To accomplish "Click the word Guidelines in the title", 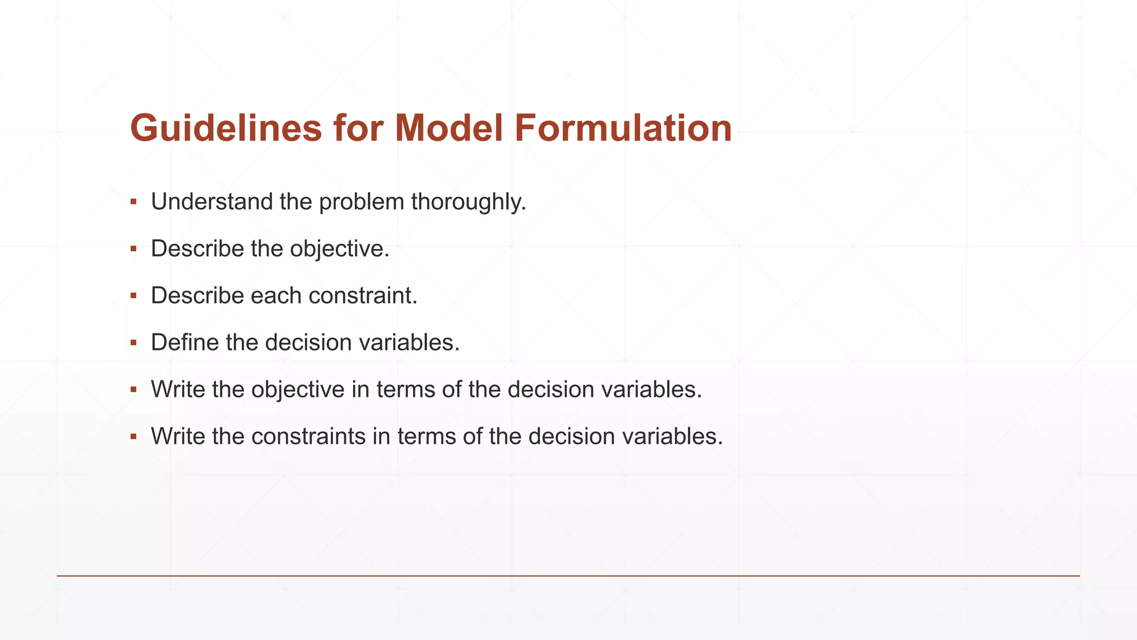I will (x=225, y=128).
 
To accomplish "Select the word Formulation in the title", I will (x=623, y=128).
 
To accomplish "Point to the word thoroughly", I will (x=468, y=202).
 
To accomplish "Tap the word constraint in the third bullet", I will (x=363, y=296).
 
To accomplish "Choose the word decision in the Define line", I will (x=308, y=342).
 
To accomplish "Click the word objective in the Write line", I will (x=298, y=389).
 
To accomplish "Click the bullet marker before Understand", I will (x=133, y=202).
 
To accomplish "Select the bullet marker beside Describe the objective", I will (x=133, y=248).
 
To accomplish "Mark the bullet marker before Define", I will (x=133, y=342).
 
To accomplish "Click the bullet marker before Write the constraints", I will (x=133, y=436).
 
